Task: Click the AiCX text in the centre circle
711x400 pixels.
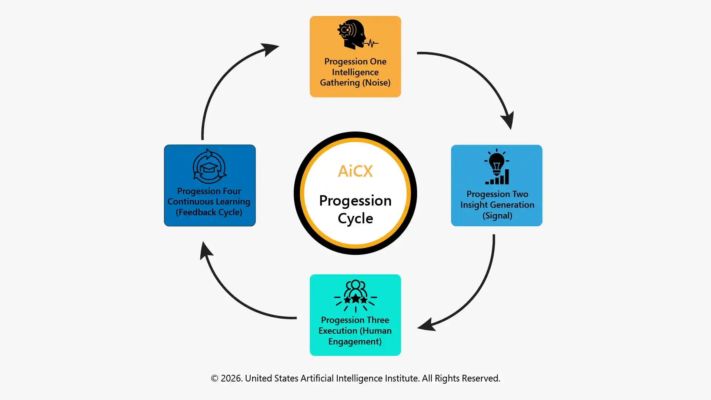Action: [355, 171]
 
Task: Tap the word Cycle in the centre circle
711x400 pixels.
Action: [355, 219]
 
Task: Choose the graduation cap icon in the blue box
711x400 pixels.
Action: [210, 167]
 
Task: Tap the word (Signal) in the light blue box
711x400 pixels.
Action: [497, 216]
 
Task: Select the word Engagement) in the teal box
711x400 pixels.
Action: [355, 341]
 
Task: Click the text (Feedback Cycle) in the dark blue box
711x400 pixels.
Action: [209, 212]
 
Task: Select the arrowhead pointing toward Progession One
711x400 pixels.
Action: [270, 49]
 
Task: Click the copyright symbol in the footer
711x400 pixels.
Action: [215, 379]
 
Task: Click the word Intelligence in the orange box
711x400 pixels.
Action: [355, 72]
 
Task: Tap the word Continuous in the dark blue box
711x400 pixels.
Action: [190, 201]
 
